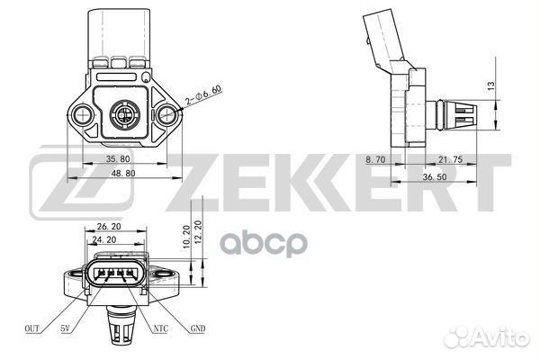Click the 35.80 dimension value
click(118, 158)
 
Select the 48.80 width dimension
click(123, 174)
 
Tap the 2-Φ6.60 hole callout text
click(202, 94)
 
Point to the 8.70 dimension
click(375, 159)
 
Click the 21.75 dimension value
click(450, 159)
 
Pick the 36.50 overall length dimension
click(435, 176)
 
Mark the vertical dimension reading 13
click(491, 85)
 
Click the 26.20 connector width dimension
click(109, 226)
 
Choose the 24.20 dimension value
click(104, 239)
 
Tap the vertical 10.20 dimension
click(186, 237)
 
